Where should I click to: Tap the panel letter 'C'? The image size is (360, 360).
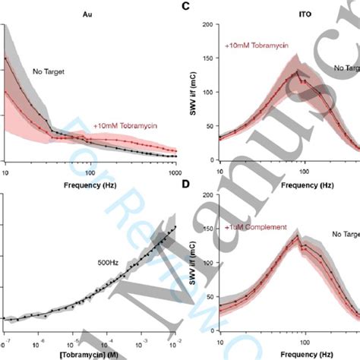coord(204,7)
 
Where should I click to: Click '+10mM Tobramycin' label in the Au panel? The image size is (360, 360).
coord(125,126)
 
